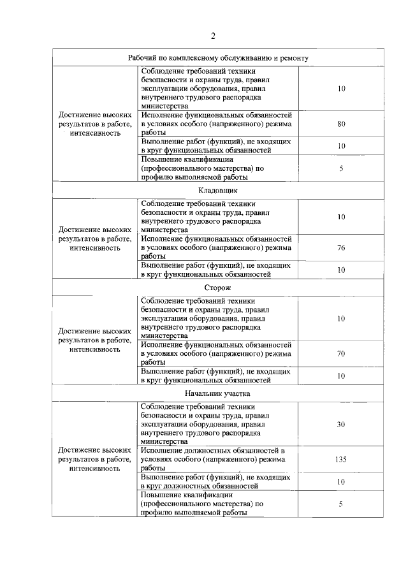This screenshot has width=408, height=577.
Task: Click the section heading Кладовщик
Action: [x=214, y=190]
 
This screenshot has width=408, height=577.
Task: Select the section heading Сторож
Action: [x=214, y=288]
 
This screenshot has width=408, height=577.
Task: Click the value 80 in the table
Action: [x=341, y=124]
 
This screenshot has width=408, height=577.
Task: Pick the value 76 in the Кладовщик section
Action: [x=341, y=247]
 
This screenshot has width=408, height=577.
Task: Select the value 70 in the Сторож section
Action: [x=341, y=353]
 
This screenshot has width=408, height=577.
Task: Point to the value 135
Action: [x=341, y=458]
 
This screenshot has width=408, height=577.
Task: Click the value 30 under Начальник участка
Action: [x=341, y=424]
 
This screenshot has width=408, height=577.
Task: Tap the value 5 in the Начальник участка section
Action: [x=341, y=503]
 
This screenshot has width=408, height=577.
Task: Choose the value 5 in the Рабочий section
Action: [x=341, y=168]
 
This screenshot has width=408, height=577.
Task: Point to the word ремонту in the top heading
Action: [x=294, y=57]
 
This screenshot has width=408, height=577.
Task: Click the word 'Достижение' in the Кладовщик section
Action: [x=80, y=229]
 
